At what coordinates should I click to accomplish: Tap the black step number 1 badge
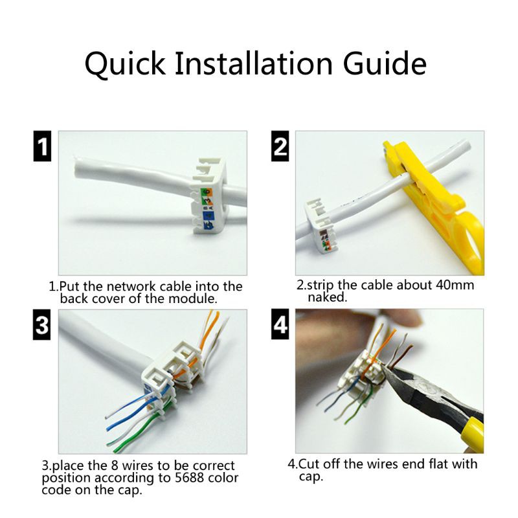coord(42,146)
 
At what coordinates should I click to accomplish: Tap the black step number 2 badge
coord(280,146)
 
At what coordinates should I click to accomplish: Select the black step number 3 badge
coord(42,325)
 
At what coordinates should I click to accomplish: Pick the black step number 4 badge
coord(280,325)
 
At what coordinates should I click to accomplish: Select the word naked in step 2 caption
coord(328,298)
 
